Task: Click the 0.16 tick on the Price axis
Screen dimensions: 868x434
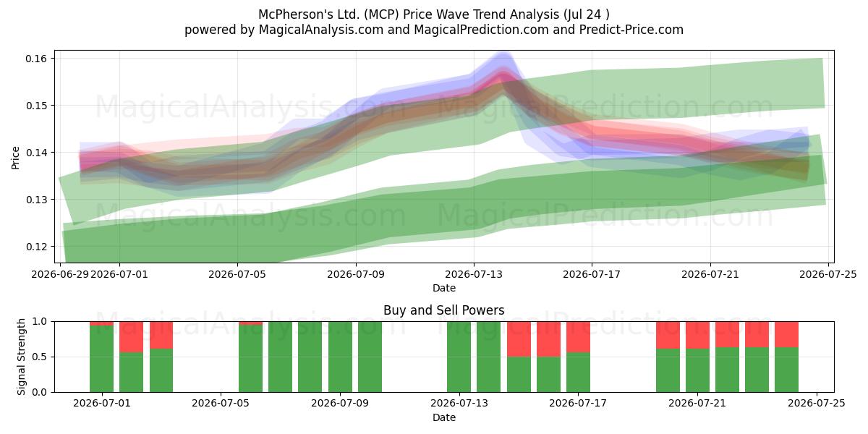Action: click(x=36, y=59)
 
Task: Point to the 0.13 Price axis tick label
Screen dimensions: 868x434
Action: click(x=36, y=200)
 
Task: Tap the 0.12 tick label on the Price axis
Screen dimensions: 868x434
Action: click(x=36, y=247)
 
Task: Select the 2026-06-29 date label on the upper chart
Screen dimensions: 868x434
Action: click(x=60, y=274)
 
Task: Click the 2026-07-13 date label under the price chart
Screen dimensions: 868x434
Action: click(x=474, y=274)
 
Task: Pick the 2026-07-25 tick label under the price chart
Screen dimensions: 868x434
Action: click(x=828, y=274)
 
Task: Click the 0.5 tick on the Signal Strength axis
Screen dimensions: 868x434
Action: click(x=40, y=357)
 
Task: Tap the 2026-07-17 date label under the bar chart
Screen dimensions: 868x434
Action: click(x=578, y=403)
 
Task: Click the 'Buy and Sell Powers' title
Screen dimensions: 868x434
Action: click(x=443, y=310)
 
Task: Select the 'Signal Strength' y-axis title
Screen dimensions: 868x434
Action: click(x=21, y=357)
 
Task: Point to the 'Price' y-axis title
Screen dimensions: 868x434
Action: click(x=15, y=158)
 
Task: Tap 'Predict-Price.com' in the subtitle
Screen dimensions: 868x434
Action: click(x=631, y=30)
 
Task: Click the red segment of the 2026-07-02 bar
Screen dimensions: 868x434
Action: click(x=132, y=337)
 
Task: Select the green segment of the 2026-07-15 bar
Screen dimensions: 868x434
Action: click(x=519, y=375)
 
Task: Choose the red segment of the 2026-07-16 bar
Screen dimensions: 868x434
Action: click(x=548, y=339)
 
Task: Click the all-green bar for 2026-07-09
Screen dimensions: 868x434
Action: click(x=340, y=357)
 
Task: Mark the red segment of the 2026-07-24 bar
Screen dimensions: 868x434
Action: click(x=787, y=334)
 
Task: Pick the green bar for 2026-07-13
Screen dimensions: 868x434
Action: click(x=459, y=357)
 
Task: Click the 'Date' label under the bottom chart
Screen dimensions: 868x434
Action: click(x=443, y=417)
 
